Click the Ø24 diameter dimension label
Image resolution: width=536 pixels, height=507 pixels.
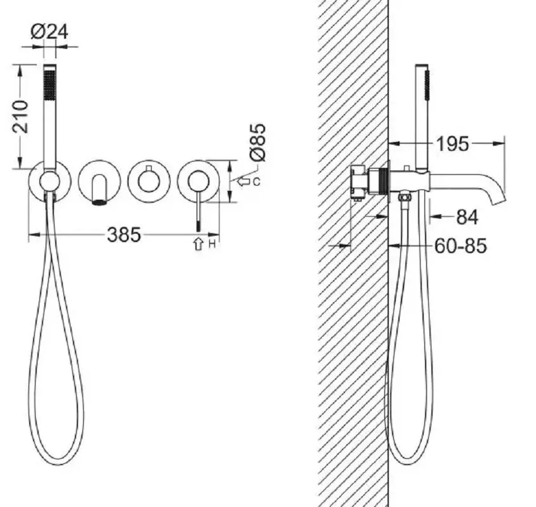(x=49, y=32)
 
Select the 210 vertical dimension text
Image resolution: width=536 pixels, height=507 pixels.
(x=20, y=117)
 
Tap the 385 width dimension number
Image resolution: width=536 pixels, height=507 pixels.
(x=124, y=234)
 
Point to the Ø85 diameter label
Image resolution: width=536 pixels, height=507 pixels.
(x=258, y=142)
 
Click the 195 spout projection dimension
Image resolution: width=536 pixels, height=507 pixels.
(x=453, y=144)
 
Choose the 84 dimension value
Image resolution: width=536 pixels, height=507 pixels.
(x=467, y=217)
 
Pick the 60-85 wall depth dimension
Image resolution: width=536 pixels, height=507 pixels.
(x=461, y=246)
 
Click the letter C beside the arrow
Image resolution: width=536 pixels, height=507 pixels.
(x=256, y=182)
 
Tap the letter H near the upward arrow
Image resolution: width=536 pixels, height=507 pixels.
(x=212, y=244)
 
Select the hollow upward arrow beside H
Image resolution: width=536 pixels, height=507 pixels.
(x=199, y=244)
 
